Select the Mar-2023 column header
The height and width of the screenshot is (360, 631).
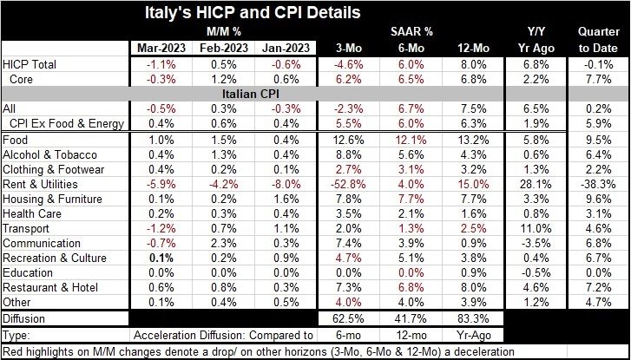(159, 48)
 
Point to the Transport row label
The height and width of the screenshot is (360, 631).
(28, 228)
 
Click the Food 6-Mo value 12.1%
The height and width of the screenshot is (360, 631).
(410, 140)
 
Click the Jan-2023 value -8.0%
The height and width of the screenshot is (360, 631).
(283, 184)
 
